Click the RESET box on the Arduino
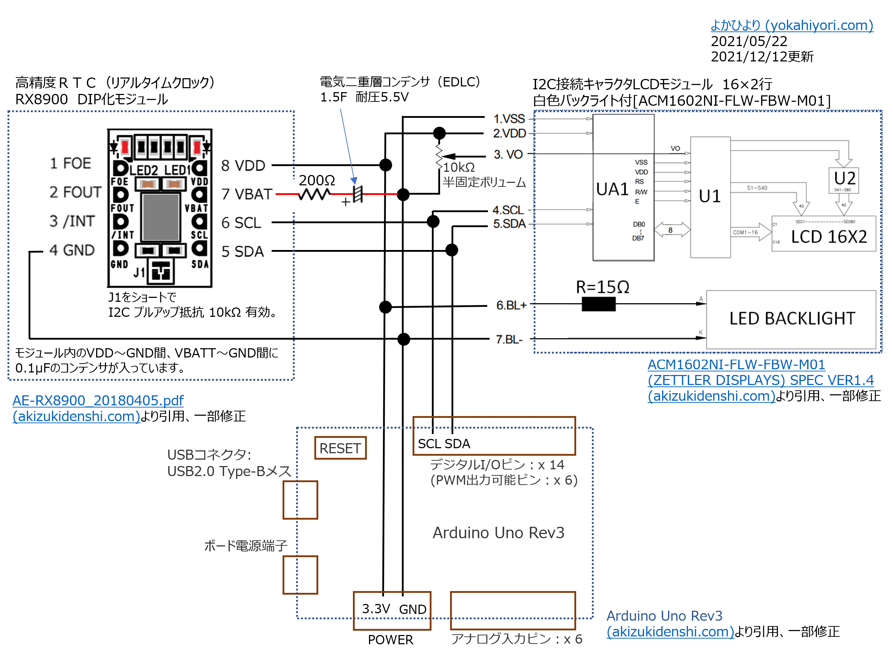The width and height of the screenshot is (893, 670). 340,448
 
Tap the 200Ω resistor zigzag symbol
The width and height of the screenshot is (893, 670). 314,195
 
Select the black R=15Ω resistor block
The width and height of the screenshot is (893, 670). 598,304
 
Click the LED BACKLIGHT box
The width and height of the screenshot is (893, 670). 791,319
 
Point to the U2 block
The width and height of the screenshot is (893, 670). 844,180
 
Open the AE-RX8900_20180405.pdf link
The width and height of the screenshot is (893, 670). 98,400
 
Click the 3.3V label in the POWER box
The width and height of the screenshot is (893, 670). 375,609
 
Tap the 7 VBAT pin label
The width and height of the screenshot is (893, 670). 247,195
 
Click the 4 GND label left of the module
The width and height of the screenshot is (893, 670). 72,250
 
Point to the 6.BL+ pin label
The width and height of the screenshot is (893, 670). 511,306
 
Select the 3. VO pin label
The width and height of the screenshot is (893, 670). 508,155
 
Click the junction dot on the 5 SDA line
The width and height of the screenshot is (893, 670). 452,250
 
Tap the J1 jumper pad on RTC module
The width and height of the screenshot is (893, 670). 161,271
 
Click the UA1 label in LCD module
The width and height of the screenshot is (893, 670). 612,190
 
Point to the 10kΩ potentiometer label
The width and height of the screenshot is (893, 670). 459,167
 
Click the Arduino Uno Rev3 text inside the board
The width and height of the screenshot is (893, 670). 498,533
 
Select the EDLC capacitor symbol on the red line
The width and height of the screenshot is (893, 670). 357,195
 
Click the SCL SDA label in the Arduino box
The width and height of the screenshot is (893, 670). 444,444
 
